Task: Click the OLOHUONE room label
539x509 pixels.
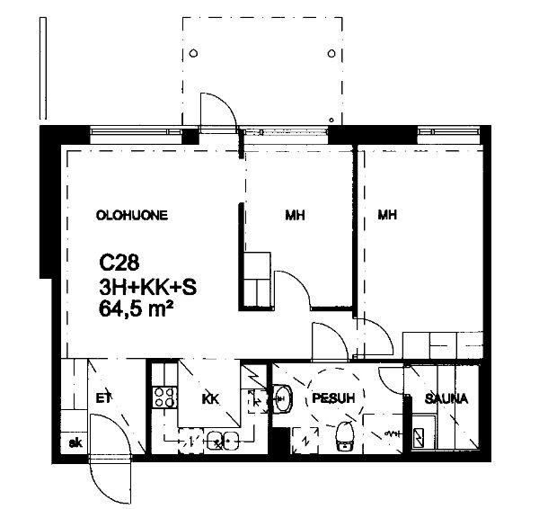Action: point(132,216)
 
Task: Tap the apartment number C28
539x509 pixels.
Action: point(119,263)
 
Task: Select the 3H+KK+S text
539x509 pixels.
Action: point(148,287)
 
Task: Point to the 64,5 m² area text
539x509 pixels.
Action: point(136,308)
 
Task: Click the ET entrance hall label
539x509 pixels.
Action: point(103,398)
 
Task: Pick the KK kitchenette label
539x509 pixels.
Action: point(210,399)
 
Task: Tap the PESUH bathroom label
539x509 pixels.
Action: point(333,398)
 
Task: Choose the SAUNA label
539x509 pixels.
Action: point(446,399)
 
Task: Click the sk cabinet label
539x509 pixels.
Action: point(75,443)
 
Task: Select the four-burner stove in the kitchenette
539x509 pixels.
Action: point(165,397)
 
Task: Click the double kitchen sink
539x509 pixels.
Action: point(223,440)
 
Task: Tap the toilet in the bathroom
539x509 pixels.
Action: point(344,436)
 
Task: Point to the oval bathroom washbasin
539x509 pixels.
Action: point(282,398)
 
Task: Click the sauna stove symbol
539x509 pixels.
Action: point(418,438)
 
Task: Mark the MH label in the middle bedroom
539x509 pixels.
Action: point(295,216)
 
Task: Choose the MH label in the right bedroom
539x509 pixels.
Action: point(387,215)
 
